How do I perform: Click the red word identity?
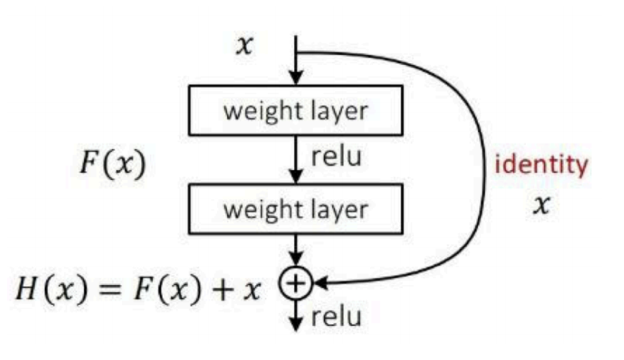coord(540,165)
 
